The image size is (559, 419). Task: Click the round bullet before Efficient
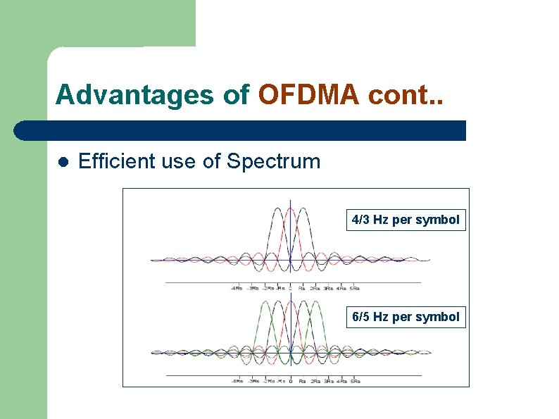(x=62, y=162)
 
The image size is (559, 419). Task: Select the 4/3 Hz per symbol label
(x=406, y=220)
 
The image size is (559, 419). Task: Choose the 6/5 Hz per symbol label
(x=406, y=317)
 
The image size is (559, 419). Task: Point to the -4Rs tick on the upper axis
(x=238, y=287)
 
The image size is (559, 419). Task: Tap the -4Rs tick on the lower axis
(x=238, y=381)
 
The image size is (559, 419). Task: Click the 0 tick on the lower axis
(x=291, y=381)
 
